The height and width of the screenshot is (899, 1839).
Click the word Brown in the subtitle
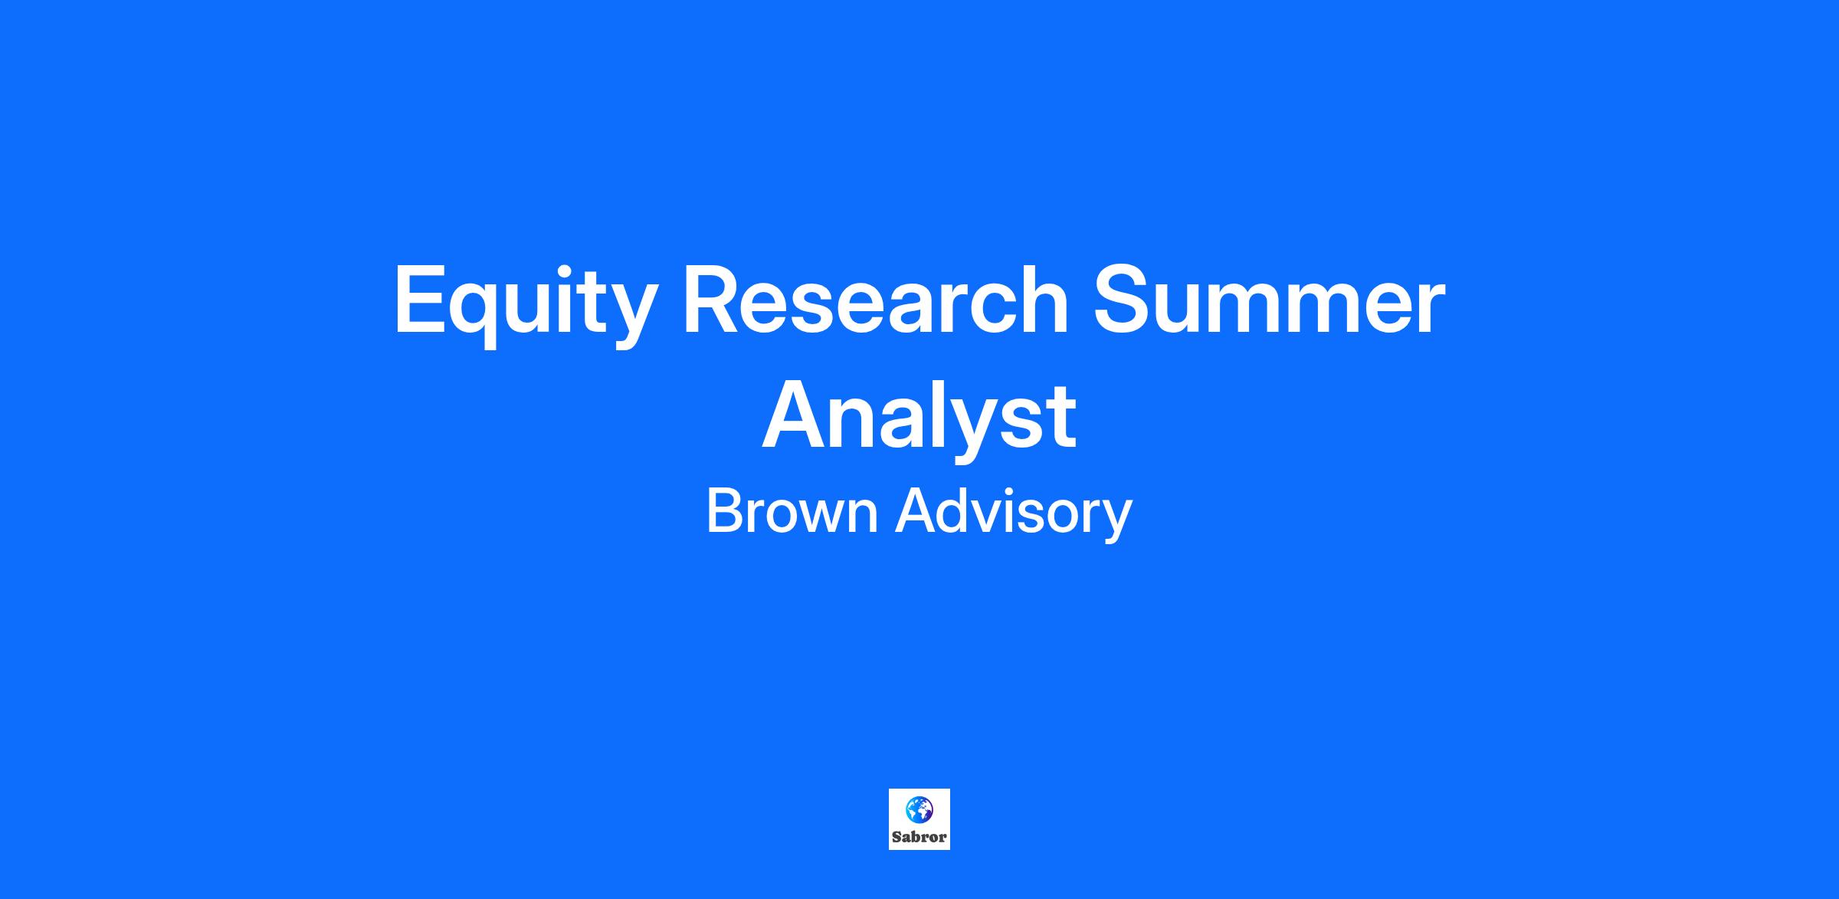click(x=792, y=511)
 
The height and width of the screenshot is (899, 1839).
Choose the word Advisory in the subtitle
click(x=1014, y=514)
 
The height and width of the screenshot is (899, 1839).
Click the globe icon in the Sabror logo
click(x=919, y=809)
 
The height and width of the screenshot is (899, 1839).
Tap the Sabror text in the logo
click(x=919, y=837)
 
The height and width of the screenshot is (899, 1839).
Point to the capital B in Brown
click(x=725, y=511)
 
